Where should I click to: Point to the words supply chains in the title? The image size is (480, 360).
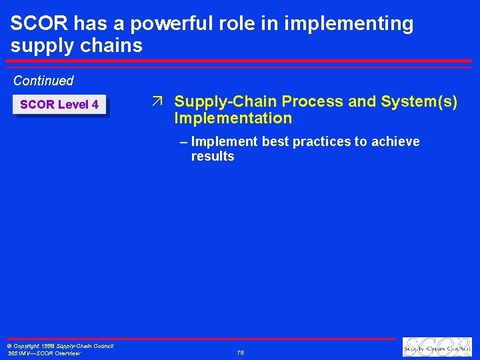77,45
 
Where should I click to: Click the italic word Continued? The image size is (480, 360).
43,81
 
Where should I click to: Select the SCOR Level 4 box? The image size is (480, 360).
60,105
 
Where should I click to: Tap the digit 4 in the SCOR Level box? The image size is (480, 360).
95,105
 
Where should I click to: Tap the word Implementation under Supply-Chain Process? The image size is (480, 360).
233,119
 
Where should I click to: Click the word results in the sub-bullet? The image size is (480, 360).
213,157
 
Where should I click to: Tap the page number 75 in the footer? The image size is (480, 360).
240,353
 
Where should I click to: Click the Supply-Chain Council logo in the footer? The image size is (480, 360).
437,347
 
